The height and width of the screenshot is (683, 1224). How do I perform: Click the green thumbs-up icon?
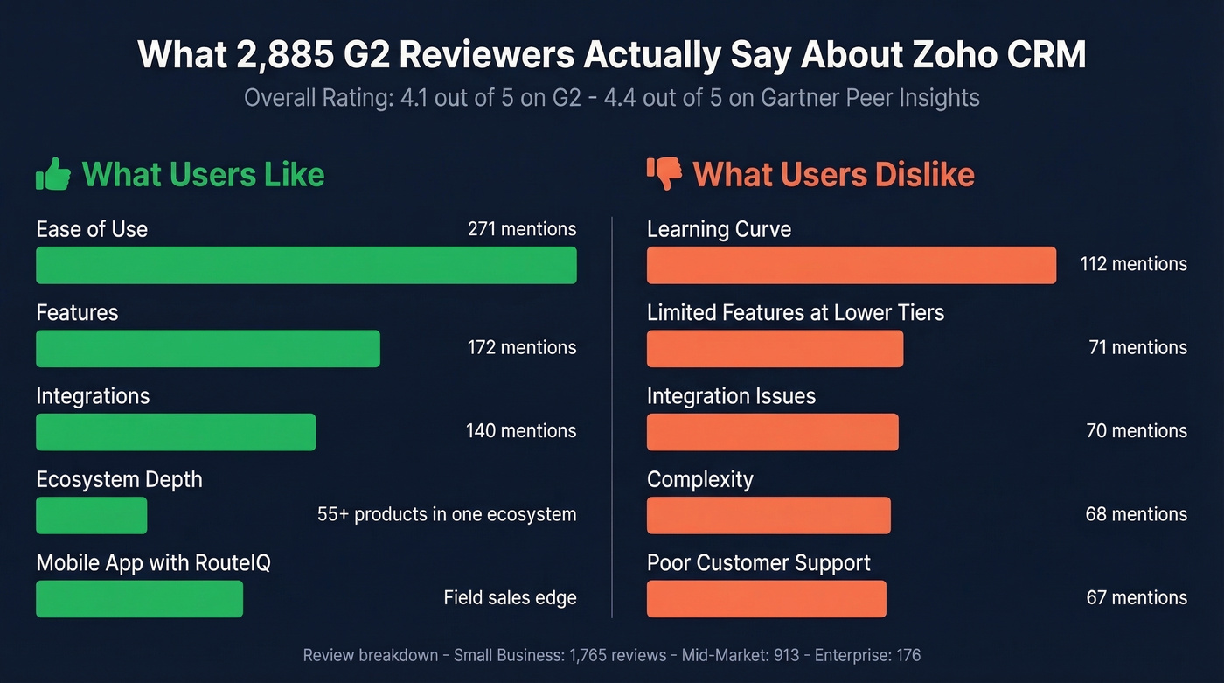53,174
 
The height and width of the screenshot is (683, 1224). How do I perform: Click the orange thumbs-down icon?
664,174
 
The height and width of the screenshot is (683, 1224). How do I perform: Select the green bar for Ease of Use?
306,265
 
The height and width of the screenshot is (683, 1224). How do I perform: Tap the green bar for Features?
208,348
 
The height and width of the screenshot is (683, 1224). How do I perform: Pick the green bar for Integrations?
176,432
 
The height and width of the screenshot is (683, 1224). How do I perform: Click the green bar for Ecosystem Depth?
92,515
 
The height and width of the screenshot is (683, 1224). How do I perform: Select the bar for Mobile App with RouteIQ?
140,599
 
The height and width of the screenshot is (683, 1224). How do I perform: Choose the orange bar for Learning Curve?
851,265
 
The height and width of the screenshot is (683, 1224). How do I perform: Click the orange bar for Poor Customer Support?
767,599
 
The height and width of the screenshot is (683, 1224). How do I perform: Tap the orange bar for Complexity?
768,515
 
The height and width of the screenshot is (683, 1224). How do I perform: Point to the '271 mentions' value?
522,229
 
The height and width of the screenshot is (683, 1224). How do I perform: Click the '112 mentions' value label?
1133,264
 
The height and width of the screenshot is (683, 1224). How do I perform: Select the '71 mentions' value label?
1137,348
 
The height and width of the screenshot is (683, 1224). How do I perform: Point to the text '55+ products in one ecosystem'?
447,514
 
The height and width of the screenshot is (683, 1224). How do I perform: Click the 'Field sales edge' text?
510,598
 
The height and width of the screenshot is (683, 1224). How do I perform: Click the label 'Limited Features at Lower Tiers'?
796,313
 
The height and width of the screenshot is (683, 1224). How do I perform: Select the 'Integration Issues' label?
731,396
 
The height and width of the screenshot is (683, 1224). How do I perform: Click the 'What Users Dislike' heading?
833,175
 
